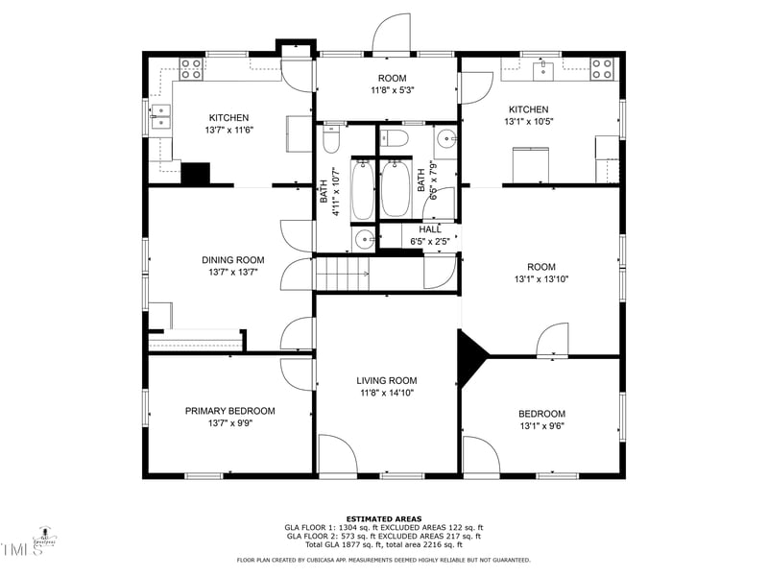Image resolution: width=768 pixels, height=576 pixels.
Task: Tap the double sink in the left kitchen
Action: tap(160, 117)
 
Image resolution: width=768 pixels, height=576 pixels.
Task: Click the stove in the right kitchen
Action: tap(602, 68)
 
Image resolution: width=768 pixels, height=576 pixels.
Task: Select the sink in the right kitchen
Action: tap(543, 67)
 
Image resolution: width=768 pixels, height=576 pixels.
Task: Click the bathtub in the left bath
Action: tap(362, 189)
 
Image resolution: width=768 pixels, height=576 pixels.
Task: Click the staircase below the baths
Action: tap(343, 274)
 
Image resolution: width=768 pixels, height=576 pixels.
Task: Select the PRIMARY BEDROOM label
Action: tap(229, 411)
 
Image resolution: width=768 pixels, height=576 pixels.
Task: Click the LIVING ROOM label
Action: tap(387, 380)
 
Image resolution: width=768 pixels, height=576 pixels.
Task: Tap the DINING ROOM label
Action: tap(232, 260)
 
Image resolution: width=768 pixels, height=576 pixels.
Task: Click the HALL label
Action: tap(430, 229)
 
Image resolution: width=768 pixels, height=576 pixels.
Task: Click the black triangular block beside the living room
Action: tap(470, 357)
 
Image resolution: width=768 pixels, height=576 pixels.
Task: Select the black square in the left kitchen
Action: tap(196, 174)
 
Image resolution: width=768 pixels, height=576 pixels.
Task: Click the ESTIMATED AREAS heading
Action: tap(383, 518)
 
